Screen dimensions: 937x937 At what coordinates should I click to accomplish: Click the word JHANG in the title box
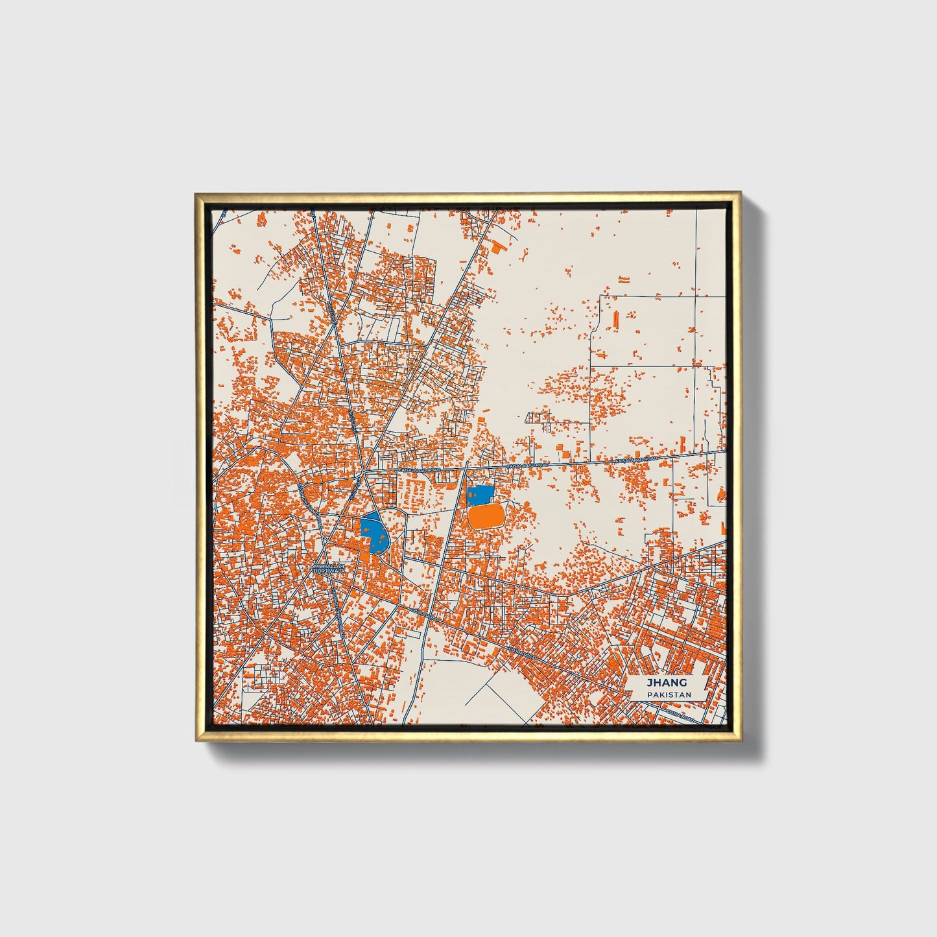click(667, 683)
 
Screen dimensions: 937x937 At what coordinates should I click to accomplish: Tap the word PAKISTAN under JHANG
click(668, 694)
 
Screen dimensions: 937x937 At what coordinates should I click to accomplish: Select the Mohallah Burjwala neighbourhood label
click(329, 569)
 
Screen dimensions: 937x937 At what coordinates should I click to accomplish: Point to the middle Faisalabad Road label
click(528, 466)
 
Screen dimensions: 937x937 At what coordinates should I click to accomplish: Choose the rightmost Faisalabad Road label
click(636, 460)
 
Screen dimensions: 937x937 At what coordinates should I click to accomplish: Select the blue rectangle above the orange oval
click(480, 496)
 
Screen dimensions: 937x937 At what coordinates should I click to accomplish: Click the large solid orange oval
click(486, 517)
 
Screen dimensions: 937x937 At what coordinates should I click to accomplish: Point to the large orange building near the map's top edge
click(498, 247)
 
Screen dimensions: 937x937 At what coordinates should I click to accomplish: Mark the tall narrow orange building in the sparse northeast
click(615, 319)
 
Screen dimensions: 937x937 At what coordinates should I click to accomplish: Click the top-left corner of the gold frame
click(196, 193)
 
